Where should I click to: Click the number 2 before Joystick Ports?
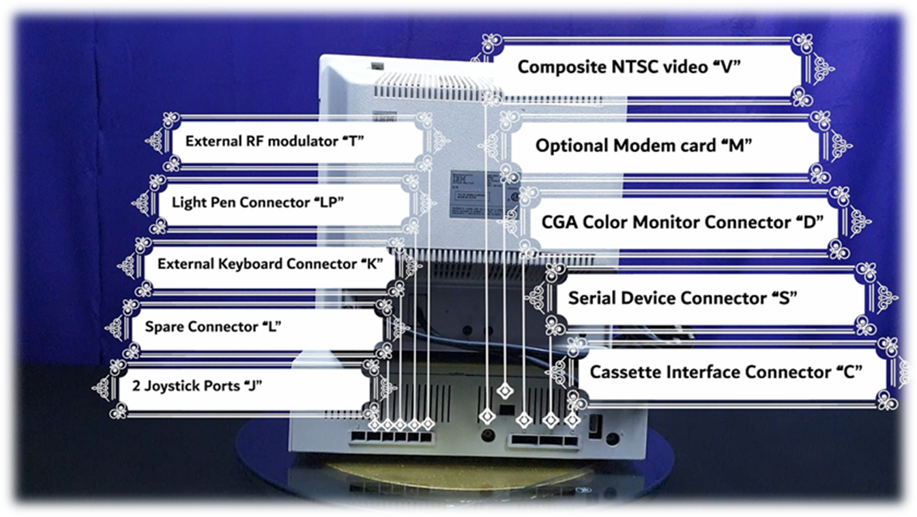136,386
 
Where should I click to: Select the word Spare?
164,326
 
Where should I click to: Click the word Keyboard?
250,264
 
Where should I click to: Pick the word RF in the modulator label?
253,141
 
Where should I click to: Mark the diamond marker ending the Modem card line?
506,391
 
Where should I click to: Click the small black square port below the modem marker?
506,410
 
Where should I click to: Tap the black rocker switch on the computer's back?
594,426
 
